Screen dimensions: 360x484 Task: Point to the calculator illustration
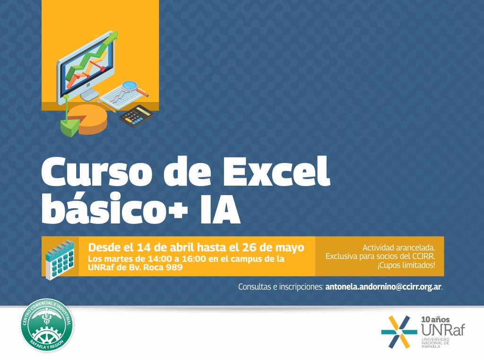tap(136, 116)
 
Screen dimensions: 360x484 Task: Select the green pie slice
tap(69, 125)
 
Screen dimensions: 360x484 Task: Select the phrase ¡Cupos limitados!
tap(406, 265)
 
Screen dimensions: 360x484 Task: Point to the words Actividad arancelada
tap(398, 247)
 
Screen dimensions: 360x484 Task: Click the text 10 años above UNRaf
tap(434, 319)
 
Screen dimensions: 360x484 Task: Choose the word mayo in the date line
tap(288, 248)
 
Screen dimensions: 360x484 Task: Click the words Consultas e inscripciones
tap(280, 287)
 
